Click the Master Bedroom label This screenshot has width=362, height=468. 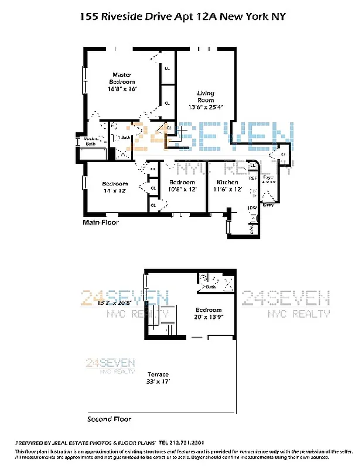[x=124, y=78]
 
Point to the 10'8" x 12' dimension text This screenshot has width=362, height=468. [x=182, y=189]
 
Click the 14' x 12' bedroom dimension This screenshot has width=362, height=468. [x=114, y=191]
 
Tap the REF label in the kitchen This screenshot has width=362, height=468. [x=253, y=178]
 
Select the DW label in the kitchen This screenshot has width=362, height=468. [x=253, y=208]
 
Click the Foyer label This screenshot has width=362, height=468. [x=269, y=177]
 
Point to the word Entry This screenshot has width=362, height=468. [x=268, y=205]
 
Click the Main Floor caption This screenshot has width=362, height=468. [x=100, y=222]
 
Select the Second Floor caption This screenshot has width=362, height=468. [x=109, y=419]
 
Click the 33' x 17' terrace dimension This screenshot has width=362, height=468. [x=158, y=381]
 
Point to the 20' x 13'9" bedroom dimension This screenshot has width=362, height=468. [x=209, y=316]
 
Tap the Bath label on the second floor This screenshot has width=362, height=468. [x=211, y=287]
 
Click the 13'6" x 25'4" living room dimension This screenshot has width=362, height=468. [x=206, y=108]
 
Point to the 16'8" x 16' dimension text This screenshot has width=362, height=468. [x=122, y=90]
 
